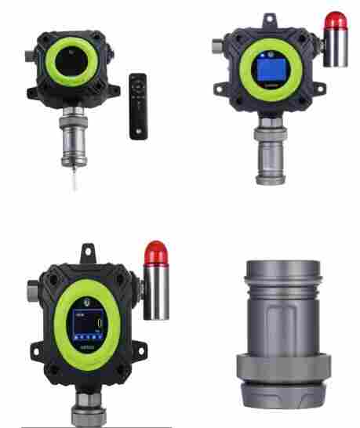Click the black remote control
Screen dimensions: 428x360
click(x=138, y=106)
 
